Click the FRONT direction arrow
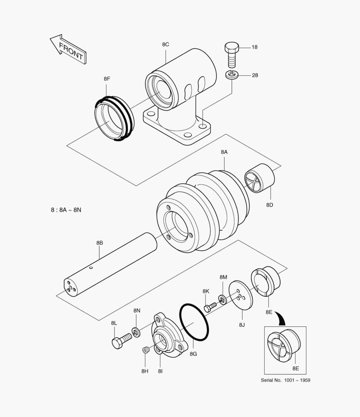tap(69, 50)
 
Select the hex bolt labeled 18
tap(232, 55)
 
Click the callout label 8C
tap(166, 44)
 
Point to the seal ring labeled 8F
tap(114, 119)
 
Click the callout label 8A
tap(224, 152)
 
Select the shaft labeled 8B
tap(110, 266)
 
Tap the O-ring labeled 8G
tap(194, 322)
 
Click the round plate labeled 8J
tap(240, 295)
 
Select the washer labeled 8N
tap(136, 331)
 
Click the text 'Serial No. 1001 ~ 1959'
tap(285, 380)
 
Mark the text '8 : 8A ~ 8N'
tap(66, 210)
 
